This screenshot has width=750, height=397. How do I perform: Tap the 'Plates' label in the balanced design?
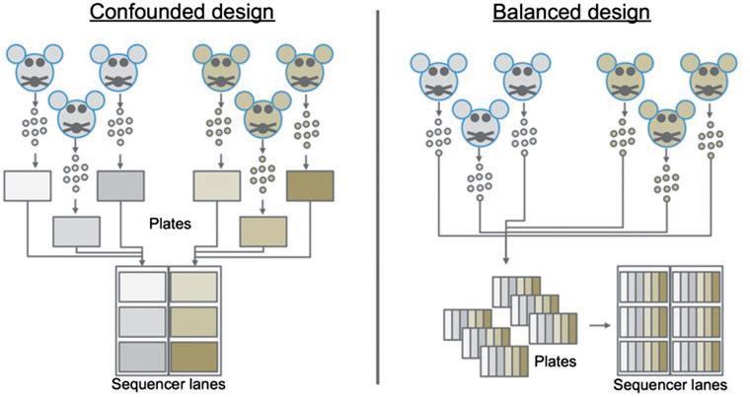(556, 361)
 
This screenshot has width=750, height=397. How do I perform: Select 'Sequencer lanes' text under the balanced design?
(670, 384)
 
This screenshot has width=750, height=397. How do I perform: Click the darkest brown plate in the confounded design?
(310, 185)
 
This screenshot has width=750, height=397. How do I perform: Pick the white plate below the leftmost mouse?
(27, 185)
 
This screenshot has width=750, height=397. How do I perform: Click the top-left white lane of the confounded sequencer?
(142, 287)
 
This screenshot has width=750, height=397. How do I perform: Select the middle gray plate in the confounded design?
(76, 231)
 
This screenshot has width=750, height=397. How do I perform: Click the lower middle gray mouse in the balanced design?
(480, 124)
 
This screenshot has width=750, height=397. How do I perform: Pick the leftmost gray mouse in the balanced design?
(434, 78)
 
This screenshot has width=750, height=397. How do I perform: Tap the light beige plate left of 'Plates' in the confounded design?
(216, 185)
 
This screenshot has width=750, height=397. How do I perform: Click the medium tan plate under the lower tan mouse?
(262, 231)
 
